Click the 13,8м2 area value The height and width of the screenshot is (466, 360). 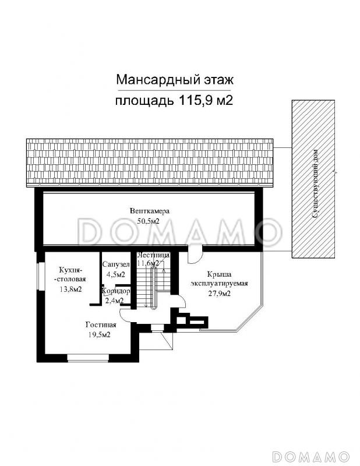click(x=72, y=288)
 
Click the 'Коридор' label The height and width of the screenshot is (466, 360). click(x=116, y=292)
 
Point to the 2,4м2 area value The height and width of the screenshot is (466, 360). click(x=114, y=301)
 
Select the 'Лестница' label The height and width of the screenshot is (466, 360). click(x=153, y=255)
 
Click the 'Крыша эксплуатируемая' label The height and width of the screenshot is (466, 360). click(x=219, y=279)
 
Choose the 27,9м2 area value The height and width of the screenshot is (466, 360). click(x=218, y=294)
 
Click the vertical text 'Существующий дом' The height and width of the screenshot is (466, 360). click(x=315, y=181)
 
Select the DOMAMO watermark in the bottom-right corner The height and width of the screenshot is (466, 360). click(x=313, y=456)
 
